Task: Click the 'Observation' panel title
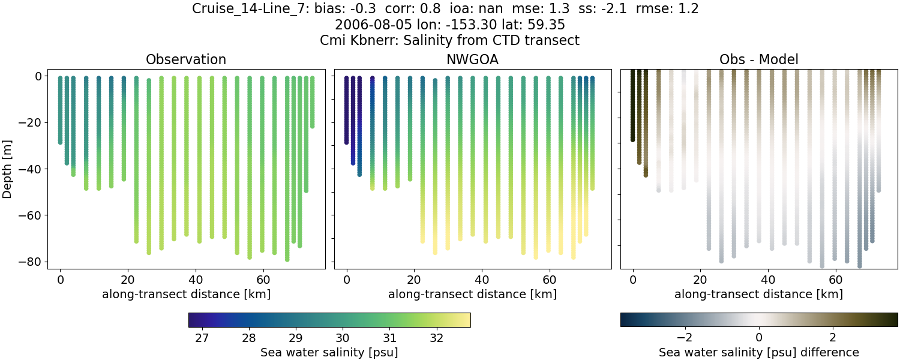186,60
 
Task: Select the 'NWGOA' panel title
472,60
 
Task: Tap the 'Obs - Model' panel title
758,60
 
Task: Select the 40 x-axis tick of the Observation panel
195,280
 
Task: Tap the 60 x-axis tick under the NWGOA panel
550,280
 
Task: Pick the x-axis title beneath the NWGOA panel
472,294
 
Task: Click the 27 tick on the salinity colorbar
202,338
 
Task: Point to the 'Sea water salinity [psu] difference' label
758,352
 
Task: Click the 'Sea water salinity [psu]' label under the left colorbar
329,352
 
